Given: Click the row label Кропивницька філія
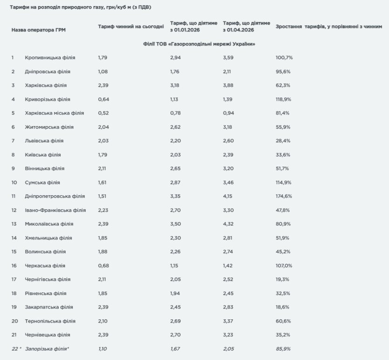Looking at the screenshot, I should [50, 57].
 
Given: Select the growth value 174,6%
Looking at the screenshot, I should [284, 196].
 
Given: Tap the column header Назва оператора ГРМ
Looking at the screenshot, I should [38, 30].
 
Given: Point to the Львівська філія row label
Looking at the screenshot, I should [44, 141].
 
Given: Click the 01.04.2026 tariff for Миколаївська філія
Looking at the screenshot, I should [230, 224].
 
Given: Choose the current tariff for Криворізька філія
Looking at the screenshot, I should [103, 99].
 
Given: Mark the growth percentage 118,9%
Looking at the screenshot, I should [284, 99].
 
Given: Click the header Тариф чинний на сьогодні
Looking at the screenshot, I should [131, 27].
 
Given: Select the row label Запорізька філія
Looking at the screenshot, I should [47, 349].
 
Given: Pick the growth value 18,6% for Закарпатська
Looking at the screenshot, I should [283, 307].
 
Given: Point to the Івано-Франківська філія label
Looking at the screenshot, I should [55, 210].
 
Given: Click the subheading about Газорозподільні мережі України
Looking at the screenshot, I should [199, 43].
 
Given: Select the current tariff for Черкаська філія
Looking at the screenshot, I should [103, 266].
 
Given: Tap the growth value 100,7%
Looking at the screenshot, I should [284, 57].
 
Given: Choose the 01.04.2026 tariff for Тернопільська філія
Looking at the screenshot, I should [230, 321].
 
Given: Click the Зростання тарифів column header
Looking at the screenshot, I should [329, 27].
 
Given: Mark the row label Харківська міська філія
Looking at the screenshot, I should [54, 113].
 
